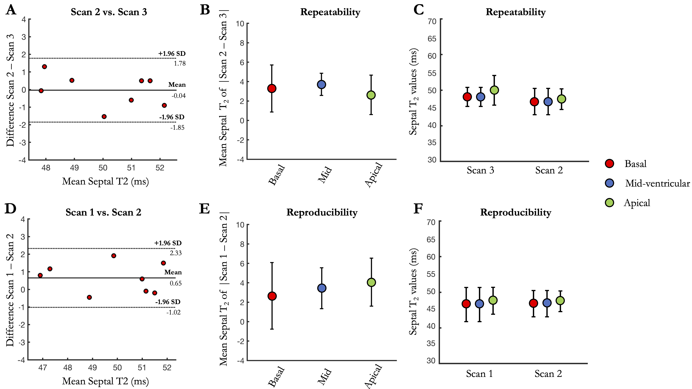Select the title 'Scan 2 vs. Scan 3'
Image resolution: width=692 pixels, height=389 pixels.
click(x=109, y=12)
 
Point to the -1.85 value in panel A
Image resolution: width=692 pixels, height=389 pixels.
click(x=177, y=128)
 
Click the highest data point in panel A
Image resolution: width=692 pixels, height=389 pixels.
click(x=45, y=67)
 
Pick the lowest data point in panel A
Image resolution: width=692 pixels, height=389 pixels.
click(x=104, y=117)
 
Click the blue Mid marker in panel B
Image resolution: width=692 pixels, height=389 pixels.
click(x=322, y=85)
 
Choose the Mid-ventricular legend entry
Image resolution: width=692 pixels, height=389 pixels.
click(x=657, y=183)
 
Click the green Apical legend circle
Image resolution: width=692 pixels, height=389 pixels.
click(x=609, y=203)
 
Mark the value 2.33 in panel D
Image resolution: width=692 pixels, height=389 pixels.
click(x=176, y=253)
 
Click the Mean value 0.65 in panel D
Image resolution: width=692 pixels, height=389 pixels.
click(x=176, y=283)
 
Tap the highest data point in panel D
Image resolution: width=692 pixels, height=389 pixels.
click(x=114, y=256)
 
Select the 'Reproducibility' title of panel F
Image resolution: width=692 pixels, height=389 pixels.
click(x=516, y=212)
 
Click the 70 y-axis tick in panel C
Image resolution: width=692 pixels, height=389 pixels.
click(x=432, y=21)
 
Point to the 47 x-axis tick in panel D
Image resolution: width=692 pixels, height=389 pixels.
click(x=43, y=368)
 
